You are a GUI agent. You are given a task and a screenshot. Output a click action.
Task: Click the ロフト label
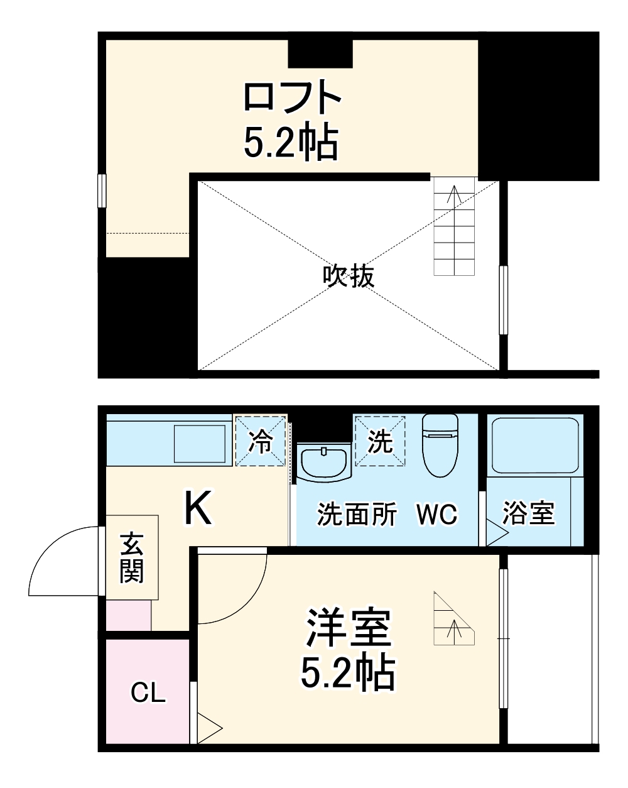292,97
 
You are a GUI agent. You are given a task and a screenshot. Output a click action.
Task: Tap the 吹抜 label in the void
349,276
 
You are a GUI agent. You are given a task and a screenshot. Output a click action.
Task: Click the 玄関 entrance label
132,557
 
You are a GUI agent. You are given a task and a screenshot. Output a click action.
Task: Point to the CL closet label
148,692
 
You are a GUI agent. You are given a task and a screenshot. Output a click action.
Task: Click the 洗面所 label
356,515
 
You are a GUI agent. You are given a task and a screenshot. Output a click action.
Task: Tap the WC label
438,515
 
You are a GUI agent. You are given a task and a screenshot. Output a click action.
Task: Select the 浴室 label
529,513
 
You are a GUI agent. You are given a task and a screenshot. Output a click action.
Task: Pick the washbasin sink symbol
323,462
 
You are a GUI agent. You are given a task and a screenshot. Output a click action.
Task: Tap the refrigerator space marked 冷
260,441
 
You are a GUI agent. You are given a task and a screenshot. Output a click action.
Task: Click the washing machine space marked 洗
380,441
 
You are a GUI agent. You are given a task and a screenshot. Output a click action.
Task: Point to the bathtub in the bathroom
535,445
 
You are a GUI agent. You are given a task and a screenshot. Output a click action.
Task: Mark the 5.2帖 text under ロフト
291,143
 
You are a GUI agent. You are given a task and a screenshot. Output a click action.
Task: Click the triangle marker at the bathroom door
496,535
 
